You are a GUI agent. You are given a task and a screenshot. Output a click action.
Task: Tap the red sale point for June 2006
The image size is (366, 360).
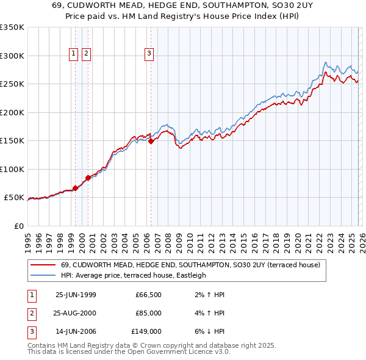[x=151, y=142]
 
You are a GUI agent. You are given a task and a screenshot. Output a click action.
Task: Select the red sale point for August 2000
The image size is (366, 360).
[x=88, y=178]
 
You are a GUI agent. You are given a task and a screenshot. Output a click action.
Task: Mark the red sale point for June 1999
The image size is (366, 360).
[x=76, y=188]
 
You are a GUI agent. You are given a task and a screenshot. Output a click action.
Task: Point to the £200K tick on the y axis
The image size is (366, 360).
[x=12, y=112]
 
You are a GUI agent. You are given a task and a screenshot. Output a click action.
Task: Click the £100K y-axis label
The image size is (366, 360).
[x=12, y=169]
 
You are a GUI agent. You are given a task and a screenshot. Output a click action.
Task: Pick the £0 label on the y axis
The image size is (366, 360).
[x=18, y=226]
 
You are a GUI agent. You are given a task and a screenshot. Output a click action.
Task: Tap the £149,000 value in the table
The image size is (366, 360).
[x=147, y=331]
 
